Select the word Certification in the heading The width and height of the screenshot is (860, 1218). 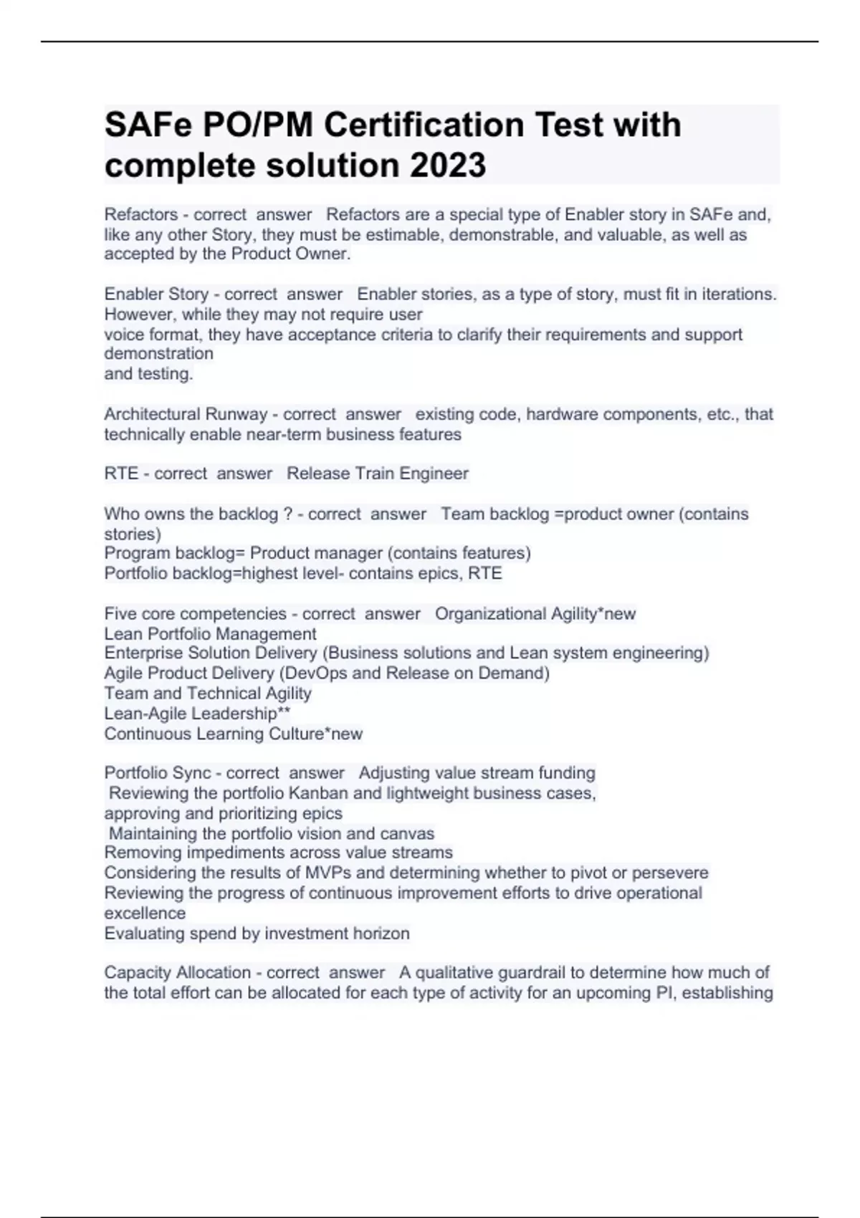424,125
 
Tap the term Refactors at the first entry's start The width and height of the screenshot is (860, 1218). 141,214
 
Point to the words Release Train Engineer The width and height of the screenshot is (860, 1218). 378,474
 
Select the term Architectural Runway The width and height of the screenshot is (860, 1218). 186,414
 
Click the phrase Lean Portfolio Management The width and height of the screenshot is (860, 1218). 210,634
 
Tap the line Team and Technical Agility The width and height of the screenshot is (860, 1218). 208,694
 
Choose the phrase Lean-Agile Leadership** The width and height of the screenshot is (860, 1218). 197,714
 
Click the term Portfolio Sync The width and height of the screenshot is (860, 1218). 158,773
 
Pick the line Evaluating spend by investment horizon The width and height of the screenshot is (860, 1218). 257,934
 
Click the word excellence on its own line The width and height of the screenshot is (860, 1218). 145,913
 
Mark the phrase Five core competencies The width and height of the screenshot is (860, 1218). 195,614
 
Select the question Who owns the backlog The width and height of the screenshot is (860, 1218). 198,514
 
